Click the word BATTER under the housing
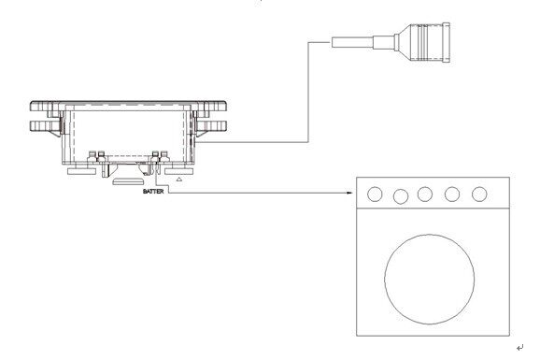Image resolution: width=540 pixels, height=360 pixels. pyautogui.click(x=153, y=191)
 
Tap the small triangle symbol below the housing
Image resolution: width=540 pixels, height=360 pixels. pyautogui.click(x=178, y=179)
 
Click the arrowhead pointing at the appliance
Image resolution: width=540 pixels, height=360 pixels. pyautogui.click(x=350, y=194)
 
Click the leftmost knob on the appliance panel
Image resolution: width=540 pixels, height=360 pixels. pyautogui.click(x=375, y=194)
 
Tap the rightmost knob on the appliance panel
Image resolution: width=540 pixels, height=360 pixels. pyautogui.click(x=479, y=194)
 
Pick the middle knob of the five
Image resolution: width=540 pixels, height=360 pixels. pyautogui.click(x=425, y=194)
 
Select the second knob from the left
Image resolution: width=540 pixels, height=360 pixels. pyautogui.click(x=401, y=196)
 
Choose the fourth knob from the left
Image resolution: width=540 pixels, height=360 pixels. pyautogui.click(x=452, y=194)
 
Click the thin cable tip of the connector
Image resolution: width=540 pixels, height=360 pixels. pyautogui.click(x=352, y=42)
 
